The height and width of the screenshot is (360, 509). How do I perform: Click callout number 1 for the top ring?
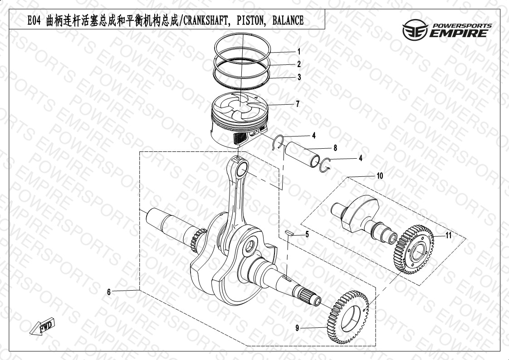pos(299,52)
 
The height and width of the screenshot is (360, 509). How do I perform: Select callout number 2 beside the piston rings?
pos(299,64)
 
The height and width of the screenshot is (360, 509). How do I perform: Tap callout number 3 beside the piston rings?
pos(299,77)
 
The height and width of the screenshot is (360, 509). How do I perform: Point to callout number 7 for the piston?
pos(297,104)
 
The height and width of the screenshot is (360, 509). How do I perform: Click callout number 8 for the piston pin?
pos(335,148)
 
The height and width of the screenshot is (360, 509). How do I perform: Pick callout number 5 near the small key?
pos(307,234)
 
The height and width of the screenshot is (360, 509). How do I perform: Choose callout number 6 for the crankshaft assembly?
pos(109,292)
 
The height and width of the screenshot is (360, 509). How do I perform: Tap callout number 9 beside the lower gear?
pos(297,328)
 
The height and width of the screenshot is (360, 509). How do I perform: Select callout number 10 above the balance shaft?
pos(380,176)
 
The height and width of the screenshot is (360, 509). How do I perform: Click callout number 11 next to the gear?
pos(448,235)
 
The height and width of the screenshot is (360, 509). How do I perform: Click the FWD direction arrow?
pos(42,326)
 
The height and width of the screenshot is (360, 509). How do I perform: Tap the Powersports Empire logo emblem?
pos(415,29)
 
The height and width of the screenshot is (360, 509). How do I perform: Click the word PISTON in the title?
pos(250,20)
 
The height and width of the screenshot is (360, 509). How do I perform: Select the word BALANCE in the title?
pos(288,20)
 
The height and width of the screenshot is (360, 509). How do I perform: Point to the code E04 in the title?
pos(34,21)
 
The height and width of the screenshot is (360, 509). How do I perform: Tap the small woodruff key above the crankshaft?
pos(289,232)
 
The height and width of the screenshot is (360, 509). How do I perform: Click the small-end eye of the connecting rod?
pos(241,169)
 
